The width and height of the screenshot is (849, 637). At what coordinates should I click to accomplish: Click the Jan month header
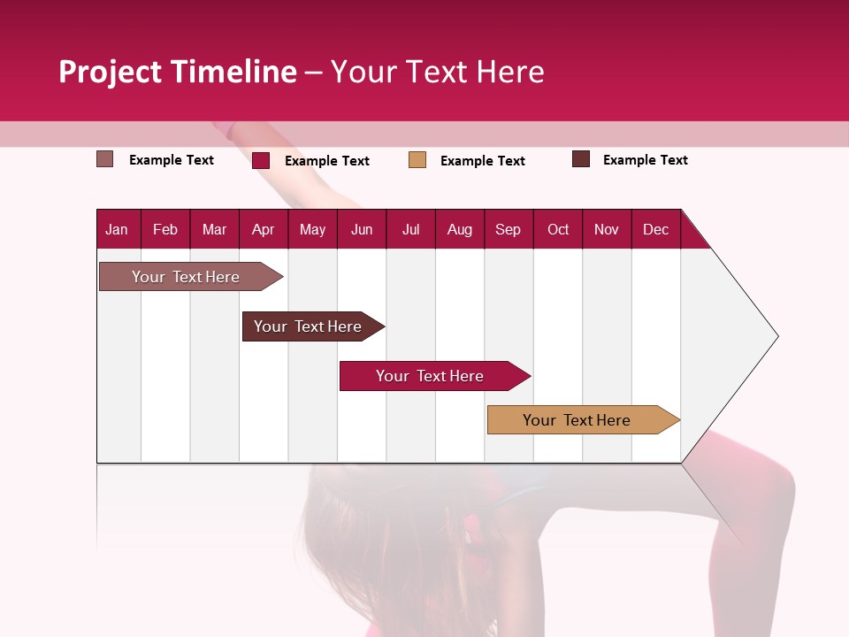point(117,229)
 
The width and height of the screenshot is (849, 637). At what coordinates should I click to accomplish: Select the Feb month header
point(165,229)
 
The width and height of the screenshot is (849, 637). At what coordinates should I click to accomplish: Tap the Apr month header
point(263,229)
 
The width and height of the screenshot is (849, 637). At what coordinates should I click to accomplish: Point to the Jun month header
point(362,229)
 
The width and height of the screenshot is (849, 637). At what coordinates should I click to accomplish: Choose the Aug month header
point(459,229)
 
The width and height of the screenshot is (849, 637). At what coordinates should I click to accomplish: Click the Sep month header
point(508,229)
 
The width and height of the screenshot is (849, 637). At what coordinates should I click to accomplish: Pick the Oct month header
point(558,229)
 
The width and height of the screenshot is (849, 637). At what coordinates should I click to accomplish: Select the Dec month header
point(655,229)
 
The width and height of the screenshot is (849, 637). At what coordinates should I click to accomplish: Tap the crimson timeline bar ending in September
point(431,376)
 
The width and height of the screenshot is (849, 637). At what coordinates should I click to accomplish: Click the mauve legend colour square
point(105,159)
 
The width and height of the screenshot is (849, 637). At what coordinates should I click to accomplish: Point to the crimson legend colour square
point(261,160)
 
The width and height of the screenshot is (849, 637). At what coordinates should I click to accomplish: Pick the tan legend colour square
point(417,160)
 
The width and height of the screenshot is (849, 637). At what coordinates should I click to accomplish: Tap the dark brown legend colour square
point(581,159)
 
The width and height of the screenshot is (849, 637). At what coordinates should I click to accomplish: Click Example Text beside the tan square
point(483,161)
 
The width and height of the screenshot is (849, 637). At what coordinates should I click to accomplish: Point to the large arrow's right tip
point(776,336)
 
